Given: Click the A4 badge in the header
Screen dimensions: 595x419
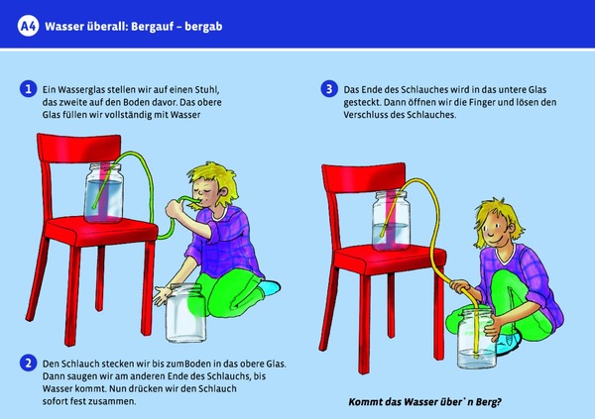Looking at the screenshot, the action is [28, 26].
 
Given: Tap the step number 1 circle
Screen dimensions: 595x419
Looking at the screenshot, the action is [28, 89].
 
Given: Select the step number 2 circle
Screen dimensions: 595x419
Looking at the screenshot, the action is [28, 364].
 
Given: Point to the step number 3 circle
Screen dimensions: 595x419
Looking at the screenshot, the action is [329, 89].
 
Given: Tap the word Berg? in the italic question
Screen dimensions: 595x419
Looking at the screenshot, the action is [489, 402].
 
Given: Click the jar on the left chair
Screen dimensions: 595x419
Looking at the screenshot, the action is [103, 192].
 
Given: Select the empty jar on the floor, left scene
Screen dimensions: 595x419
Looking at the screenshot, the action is [185, 313].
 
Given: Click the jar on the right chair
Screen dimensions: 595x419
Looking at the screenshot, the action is [392, 221].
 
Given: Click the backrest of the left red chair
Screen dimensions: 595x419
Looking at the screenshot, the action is [79, 149].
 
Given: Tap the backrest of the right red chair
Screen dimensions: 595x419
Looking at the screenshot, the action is [364, 178].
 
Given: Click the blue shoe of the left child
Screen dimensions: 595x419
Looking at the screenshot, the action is [271, 287].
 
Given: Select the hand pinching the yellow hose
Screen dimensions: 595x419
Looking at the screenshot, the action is [461, 287].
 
